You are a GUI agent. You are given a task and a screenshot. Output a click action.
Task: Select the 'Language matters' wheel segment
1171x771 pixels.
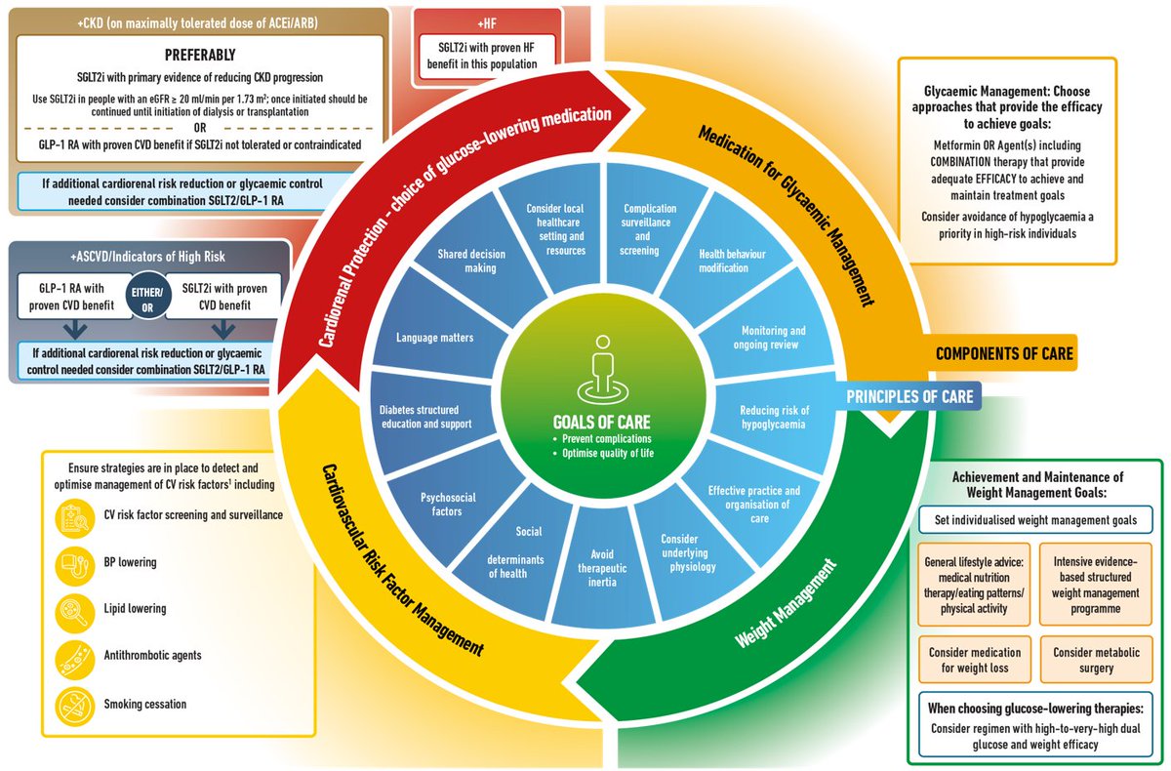(435, 338)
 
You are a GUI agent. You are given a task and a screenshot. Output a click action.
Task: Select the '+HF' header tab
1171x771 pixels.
(487, 20)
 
